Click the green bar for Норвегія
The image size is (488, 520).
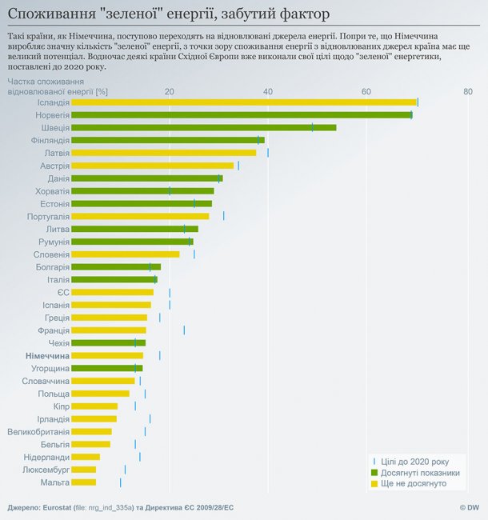[x=240, y=115]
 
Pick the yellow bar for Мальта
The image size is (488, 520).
[x=83, y=482]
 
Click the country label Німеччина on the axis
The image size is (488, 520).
[x=47, y=355]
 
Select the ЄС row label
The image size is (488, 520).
[x=63, y=292]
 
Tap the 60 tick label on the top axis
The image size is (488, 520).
[x=366, y=92]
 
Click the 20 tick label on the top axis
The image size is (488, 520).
[x=170, y=92]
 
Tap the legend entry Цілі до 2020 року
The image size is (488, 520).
[x=414, y=462]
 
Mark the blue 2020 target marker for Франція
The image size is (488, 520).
[x=184, y=330]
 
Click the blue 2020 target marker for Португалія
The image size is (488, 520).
[x=223, y=216]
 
